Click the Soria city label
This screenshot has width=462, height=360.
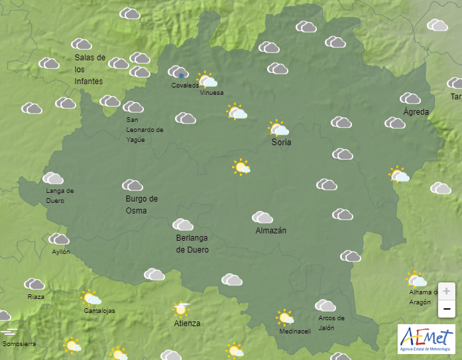click(x=281, y=143)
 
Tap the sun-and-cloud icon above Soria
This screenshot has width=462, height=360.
click(x=278, y=128)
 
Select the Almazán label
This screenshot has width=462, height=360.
click(x=270, y=231)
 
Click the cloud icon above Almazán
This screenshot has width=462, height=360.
click(x=262, y=217)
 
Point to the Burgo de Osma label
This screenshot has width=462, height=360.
click(x=141, y=205)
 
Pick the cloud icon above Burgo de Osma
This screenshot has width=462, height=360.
click(x=133, y=185)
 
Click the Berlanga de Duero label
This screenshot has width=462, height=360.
click(x=192, y=244)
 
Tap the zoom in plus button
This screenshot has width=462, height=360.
click(x=447, y=291)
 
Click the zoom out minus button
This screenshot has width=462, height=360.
click(x=447, y=308)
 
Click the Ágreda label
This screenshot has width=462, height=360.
click(x=416, y=111)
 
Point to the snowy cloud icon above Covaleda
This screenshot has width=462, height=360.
click(x=178, y=72)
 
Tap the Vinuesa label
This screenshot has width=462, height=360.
click(x=211, y=93)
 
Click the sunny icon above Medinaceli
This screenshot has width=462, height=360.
click(x=285, y=318)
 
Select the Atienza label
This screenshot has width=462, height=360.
click(x=187, y=324)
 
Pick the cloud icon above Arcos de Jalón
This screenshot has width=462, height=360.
click(x=325, y=305)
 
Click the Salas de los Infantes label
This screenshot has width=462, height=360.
click(x=89, y=69)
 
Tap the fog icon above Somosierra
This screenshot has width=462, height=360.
click(x=9, y=331)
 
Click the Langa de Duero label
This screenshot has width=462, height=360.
click(x=60, y=196)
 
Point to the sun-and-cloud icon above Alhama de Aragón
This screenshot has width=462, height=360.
click(x=416, y=279)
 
